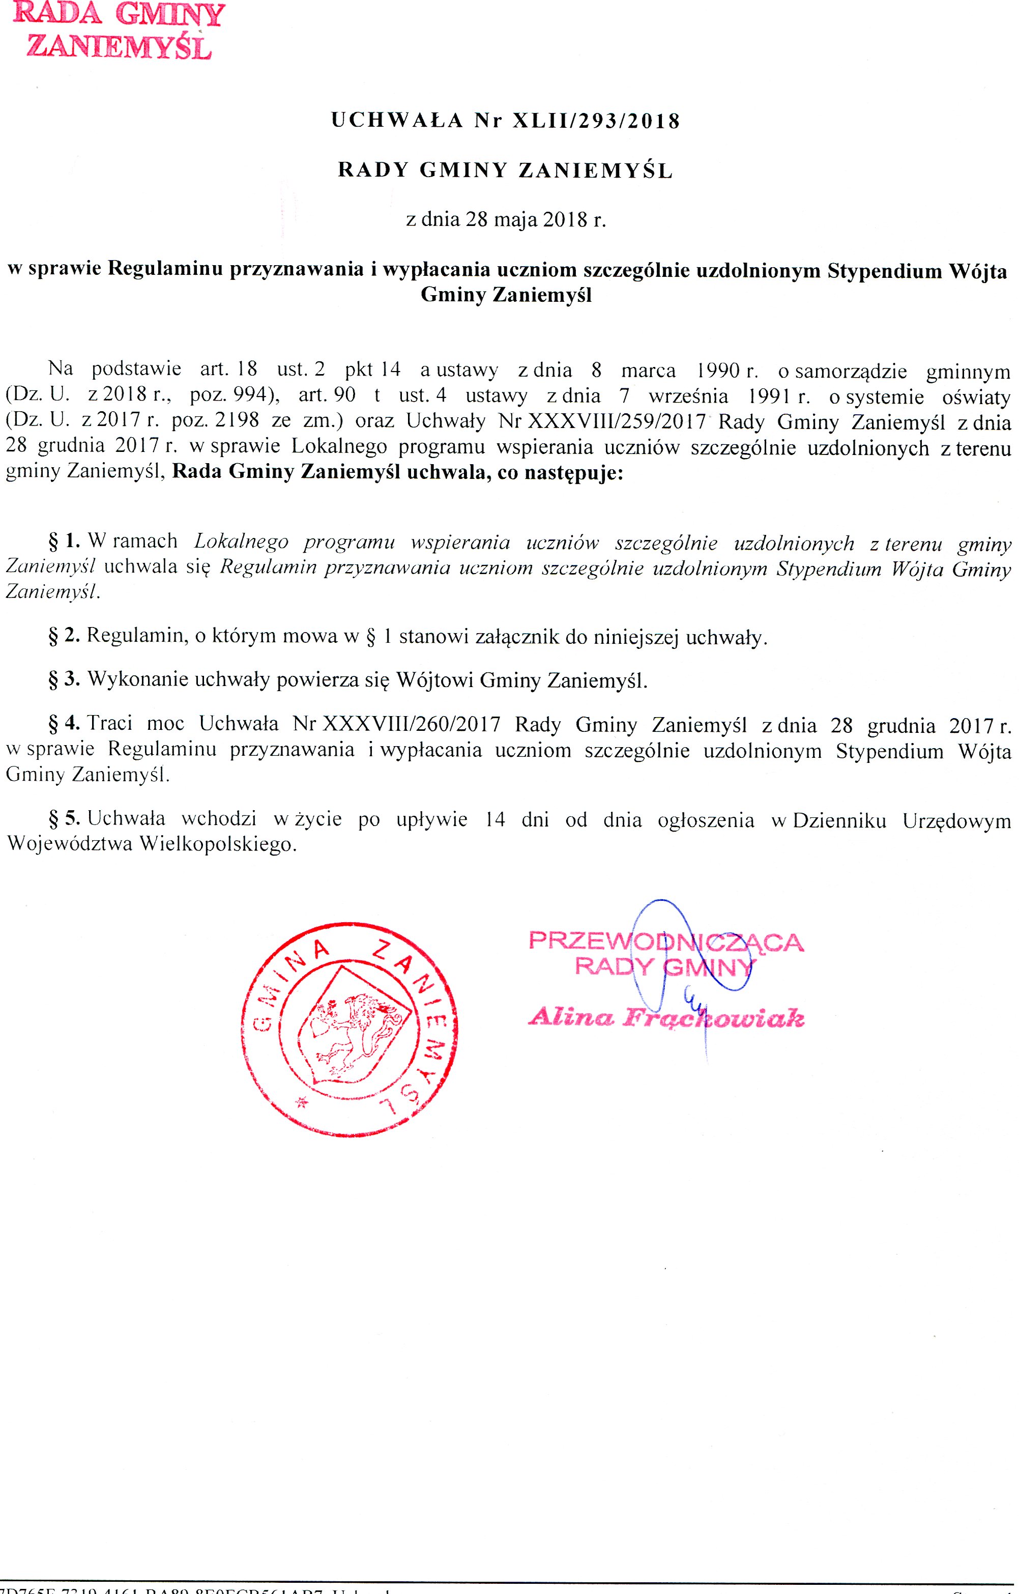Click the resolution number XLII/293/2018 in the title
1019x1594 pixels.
596,121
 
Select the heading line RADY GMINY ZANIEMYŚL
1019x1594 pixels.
506,171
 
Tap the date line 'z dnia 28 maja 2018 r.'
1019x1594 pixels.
506,219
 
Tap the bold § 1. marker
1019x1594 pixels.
64,542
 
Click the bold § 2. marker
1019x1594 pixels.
64,636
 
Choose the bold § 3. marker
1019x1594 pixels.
64,680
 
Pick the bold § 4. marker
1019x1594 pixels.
64,724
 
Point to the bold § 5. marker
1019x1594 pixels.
64,819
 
